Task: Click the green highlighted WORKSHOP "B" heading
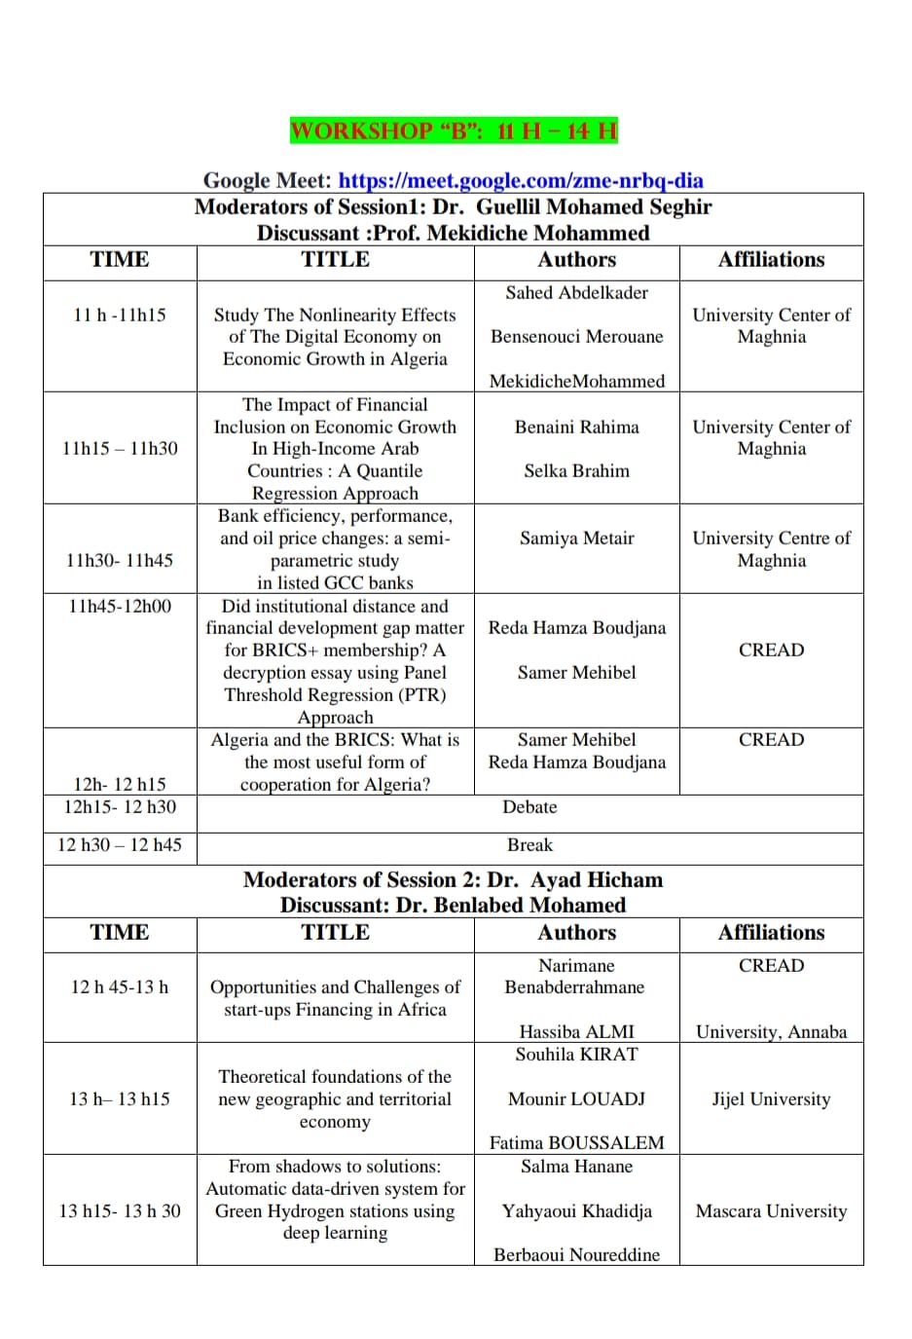pos(454,130)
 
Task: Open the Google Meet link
pos(521,180)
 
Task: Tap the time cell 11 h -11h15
pos(120,315)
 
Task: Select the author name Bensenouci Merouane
pos(576,336)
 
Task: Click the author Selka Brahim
pos(576,470)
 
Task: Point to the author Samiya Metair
pos(576,538)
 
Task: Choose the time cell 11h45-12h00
pos(120,606)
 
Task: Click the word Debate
pos(529,806)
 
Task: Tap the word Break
pos(529,844)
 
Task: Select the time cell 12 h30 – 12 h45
pos(120,844)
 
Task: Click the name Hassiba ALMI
pos(576,1031)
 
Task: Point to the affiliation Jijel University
pos(771,1098)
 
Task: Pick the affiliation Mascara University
pos(771,1210)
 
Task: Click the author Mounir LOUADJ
pos(576,1098)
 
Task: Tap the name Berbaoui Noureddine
pos(576,1254)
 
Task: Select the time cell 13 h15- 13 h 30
pos(120,1210)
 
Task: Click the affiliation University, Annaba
pos(771,1031)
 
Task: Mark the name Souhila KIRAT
pos(576,1054)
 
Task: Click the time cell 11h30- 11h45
pos(120,560)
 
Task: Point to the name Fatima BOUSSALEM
pos(576,1142)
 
